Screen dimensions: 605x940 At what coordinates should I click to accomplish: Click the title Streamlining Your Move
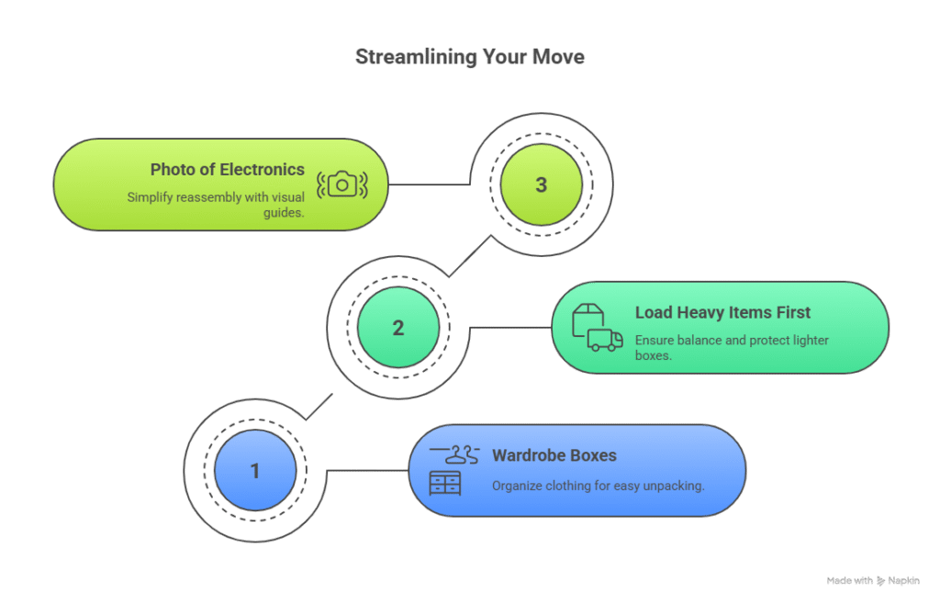470,58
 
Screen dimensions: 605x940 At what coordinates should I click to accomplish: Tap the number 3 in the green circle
541,185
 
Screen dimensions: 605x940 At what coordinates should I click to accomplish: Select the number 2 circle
397,328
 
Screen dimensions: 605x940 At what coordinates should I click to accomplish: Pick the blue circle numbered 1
254,471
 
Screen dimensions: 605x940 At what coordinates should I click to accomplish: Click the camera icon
341,185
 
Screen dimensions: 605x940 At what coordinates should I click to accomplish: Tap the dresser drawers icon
445,482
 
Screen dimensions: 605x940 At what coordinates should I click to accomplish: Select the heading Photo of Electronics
228,169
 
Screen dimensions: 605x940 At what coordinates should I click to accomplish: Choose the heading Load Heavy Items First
722,312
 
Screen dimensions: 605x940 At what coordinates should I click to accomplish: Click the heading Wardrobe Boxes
554,455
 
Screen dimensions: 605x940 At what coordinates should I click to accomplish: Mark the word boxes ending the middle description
653,354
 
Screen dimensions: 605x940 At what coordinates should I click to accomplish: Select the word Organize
518,486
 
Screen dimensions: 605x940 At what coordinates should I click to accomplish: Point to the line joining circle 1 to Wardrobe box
367,471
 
